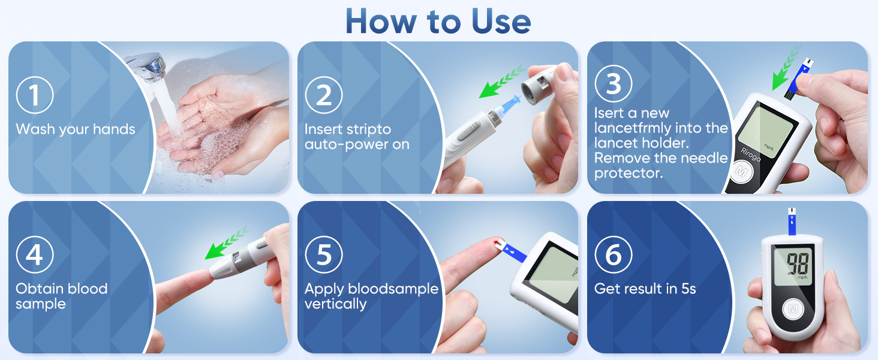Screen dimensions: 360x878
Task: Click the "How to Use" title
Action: click(x=438, y=21)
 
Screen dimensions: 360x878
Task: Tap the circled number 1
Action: click(x=35, y=96)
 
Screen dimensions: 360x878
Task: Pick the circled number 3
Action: click(x=613, y=85)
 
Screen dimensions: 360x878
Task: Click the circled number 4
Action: click(x=35, y=256)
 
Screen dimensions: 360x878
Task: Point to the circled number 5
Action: click(x=324, y=256)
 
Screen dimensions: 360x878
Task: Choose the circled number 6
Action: click(x=613, y=256)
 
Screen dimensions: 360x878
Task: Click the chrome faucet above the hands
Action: click(x=147, y=66)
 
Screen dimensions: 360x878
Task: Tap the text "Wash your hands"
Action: click(x=76, y=129)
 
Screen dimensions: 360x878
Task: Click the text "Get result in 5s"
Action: click(x=645, y=289)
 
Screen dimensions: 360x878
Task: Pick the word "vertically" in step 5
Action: click(x=335, y=304)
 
